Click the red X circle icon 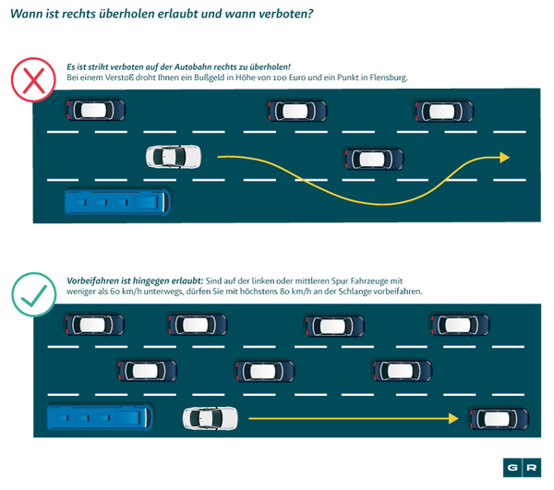point(33,78)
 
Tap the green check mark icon point(33,294)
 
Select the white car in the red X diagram point(173,157)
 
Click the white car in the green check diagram point(210,418)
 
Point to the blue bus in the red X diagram point(116,201)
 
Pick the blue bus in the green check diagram point(99,418)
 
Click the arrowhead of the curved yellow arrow point(503,158)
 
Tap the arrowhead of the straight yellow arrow point(453,418)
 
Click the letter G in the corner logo point(511,468)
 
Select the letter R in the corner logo point(532,468)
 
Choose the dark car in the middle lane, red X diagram point(373,158)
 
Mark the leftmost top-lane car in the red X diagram point(95,111)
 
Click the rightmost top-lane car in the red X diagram point(444,112)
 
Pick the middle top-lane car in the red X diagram point(297,112)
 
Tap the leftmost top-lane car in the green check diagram point(95,325)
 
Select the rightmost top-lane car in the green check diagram point(460,325)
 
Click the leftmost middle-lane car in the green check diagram point(148,371)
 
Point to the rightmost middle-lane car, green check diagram point(402,371)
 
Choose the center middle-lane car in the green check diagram point(265,371)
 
